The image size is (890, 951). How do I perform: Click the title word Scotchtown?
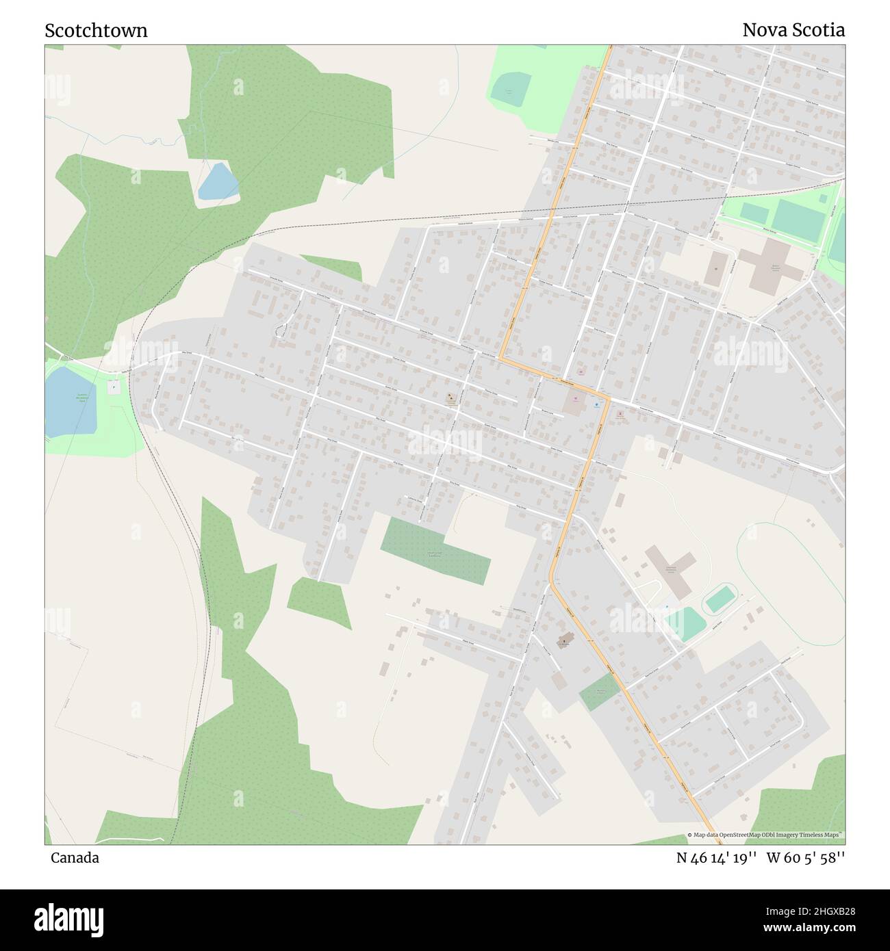(x=96, y=31)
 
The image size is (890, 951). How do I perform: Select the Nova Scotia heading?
(x=793, y=30)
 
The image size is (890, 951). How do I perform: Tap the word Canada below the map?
(x=75, y=858)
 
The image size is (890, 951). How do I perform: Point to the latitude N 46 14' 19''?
(x=716, y=858)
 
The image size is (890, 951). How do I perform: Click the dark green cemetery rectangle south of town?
(x=435, y=550)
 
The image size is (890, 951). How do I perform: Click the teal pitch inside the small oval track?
(x=720, y=599)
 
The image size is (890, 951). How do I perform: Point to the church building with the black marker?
(x=564, y=641)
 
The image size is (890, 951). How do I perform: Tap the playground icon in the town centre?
(x=450, y=398)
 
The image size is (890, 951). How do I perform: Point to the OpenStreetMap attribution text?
(x=765, y=835)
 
